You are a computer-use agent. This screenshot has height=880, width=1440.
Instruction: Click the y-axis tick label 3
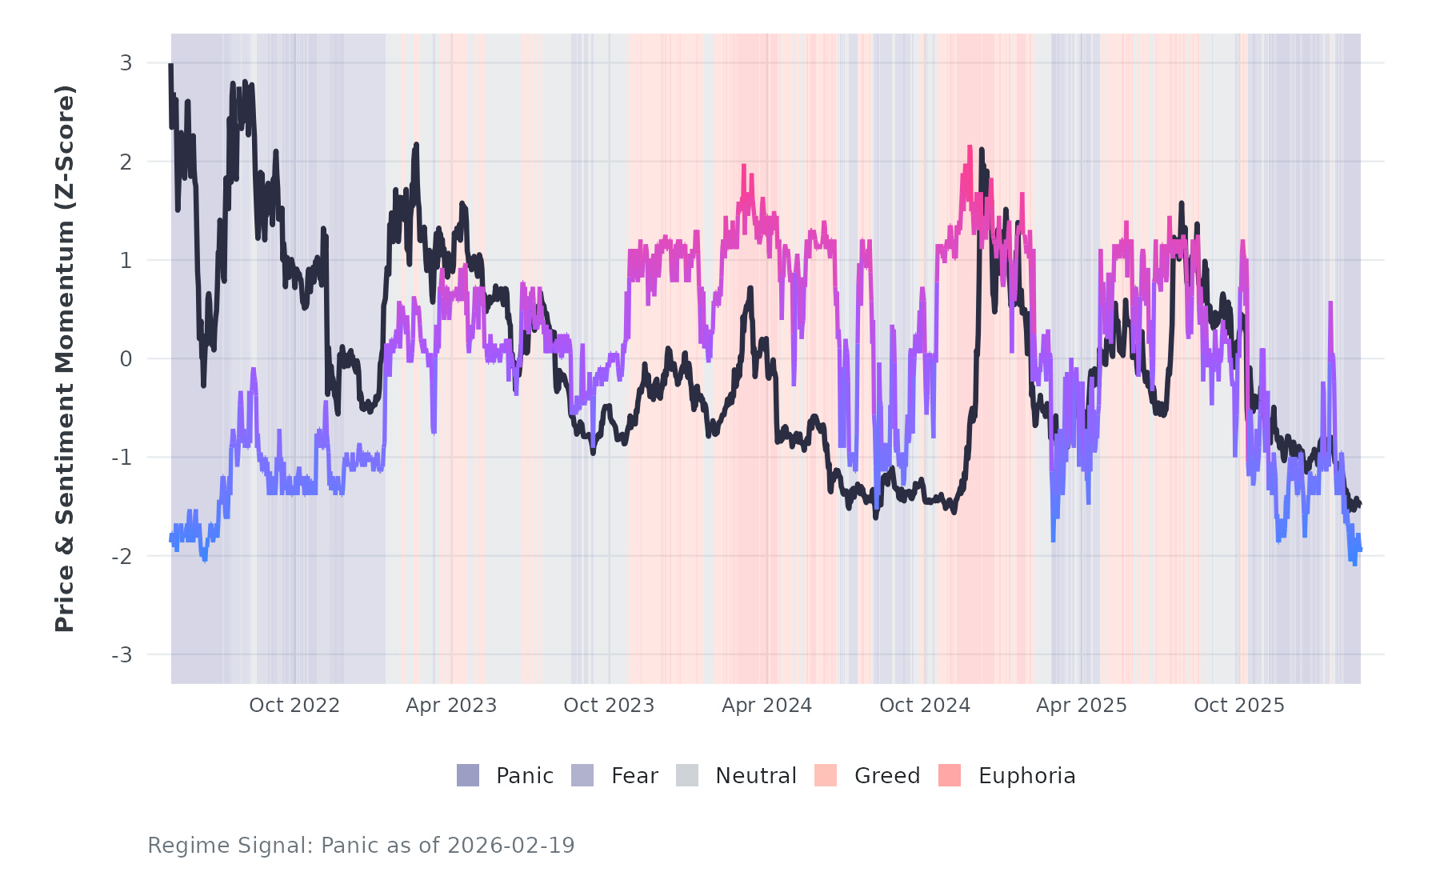coord(126,63)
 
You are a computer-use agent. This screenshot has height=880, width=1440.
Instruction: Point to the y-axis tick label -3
coord(122,655)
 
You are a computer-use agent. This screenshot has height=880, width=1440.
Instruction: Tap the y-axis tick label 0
coord(126,359)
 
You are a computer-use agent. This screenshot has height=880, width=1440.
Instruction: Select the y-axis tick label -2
coord(122,557)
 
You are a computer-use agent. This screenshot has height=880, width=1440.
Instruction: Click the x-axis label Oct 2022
coord(294,706)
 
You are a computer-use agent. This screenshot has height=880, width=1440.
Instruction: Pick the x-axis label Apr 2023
coord(451,706)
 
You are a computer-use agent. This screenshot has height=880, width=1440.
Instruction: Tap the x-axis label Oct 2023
coord(609,706)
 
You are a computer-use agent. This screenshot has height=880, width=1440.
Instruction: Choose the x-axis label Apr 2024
coord(766,706)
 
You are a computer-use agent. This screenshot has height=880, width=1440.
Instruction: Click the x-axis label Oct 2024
coord(925,706)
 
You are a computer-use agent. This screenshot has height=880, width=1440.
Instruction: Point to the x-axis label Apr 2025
coord(1082,706)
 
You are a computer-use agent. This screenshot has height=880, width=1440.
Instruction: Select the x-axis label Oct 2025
coord(1239,706)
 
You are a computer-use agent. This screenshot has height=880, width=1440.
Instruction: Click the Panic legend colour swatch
coord(468,775)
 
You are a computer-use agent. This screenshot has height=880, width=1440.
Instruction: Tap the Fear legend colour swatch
coord(582,775)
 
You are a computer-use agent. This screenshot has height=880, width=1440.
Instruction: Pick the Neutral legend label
coord(756,776)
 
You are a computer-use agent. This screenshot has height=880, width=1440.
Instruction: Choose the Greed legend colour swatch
coord(826,775)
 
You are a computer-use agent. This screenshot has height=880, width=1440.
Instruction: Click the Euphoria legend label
coord(1026,776)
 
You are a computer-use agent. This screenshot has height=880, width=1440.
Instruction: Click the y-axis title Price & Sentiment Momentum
coord(65,358)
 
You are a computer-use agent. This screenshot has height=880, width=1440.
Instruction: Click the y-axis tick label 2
coord(126,162)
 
